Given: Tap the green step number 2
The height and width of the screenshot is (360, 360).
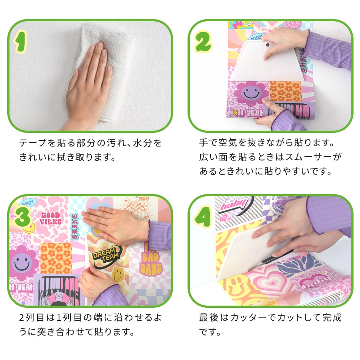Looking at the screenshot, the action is coord(202,42).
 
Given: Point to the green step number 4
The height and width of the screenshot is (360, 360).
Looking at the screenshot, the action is coord(202,216).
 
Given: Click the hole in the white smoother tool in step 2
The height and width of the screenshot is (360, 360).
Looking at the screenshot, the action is coord(268,45).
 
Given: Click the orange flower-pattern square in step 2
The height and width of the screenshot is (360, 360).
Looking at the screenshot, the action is coord(285,91).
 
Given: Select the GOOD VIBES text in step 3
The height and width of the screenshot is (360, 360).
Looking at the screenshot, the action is coord(51,219).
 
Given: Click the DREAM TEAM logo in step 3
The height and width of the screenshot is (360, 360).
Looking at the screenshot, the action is coord(106,256).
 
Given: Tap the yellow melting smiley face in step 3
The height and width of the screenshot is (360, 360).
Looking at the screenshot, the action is coord(118,274).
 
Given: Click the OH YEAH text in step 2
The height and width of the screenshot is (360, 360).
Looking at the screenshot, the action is coord(248,112).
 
